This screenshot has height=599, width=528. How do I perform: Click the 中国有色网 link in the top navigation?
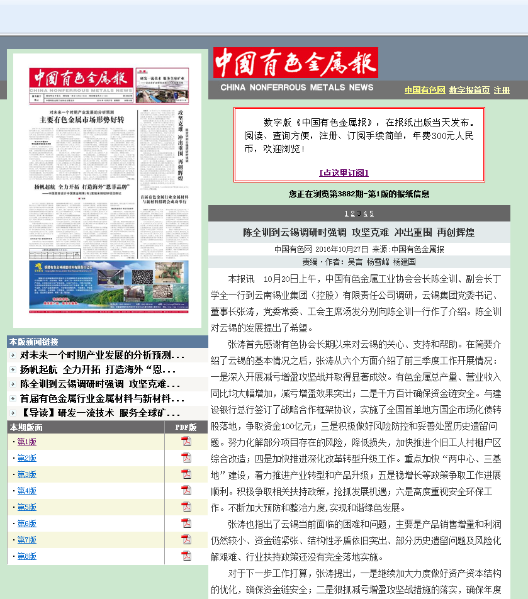pyautogui.click(x=425, y=90)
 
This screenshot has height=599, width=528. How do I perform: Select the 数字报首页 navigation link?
pyautogui.click(x=469, y=90)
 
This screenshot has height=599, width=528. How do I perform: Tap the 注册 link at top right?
pyautogui.click(x=502, y=90)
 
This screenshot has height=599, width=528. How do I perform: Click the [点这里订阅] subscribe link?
pyautogui.click(x=344, y=172)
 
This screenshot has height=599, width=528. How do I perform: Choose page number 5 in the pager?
pyautogui.click(x=371, y=213)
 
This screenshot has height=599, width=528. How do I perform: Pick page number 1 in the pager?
pyautogui.click(x=346, y=213)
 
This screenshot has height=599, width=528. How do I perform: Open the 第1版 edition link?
pyautogui.click(x=26, y=442)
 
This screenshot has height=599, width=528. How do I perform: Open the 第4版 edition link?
pyautogui.click(x=26, y=491)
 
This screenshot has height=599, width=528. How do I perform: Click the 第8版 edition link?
pyautogui.click(x=26, y=556)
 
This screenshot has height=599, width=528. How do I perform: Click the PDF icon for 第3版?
pyautogui.click(x=186, y=474)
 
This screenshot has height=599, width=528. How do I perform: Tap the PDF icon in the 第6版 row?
pyautogui.click(x=186, y=523)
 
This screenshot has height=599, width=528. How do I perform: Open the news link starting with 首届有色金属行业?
pyautogui.click(x=101, y=398)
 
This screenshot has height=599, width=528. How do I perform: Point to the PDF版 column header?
pyautogui.click(x=185, y=427)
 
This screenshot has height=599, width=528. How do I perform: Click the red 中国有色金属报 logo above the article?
pyautogui.click(x=296, y=63)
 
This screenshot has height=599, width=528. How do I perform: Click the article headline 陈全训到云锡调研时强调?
pyautogui.click(x=359, y=232)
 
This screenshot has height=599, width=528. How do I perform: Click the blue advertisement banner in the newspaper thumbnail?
pyautogui.click(x=108, y=284)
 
